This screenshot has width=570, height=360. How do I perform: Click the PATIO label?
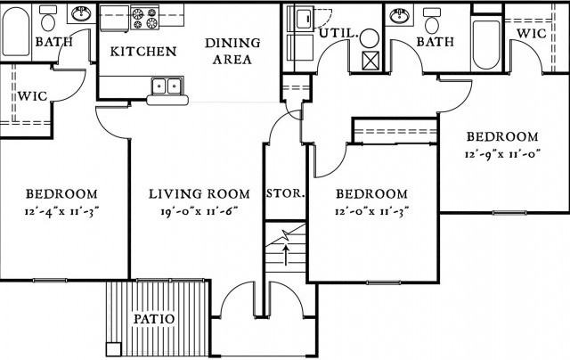click(154, 319)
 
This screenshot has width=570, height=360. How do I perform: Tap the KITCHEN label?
click(143, 52)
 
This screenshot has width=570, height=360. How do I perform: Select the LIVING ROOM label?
click(199, 194)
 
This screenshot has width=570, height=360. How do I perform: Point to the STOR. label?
click(285, 193)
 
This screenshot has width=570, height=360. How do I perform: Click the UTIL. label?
click(338, 34)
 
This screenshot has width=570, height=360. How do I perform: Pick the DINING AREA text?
click(232, 51)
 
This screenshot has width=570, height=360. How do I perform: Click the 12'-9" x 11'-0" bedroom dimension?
click(502, 154)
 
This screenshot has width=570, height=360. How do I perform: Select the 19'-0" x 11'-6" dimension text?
click(199, 211)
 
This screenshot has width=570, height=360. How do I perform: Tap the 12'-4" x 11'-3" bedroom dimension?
click(61, 211)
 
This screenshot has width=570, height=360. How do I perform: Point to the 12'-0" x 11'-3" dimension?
click(372, 211)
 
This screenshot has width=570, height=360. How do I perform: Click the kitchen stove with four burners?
click(144, 18)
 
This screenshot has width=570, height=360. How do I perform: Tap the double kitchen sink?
click(167, 86)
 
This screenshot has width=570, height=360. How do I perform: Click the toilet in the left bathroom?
click(48, 19)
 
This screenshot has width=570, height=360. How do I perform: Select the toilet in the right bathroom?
click(432, 20)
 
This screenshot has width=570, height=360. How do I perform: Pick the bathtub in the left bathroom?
click(16, 32)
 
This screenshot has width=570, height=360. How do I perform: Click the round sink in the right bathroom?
click(399, 16)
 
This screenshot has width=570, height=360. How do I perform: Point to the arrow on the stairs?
click(286, 255)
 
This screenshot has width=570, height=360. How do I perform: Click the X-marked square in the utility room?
click(370, 61)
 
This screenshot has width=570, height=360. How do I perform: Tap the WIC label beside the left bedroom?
click(32, 96)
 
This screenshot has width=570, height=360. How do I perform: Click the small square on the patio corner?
click(114, 349)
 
